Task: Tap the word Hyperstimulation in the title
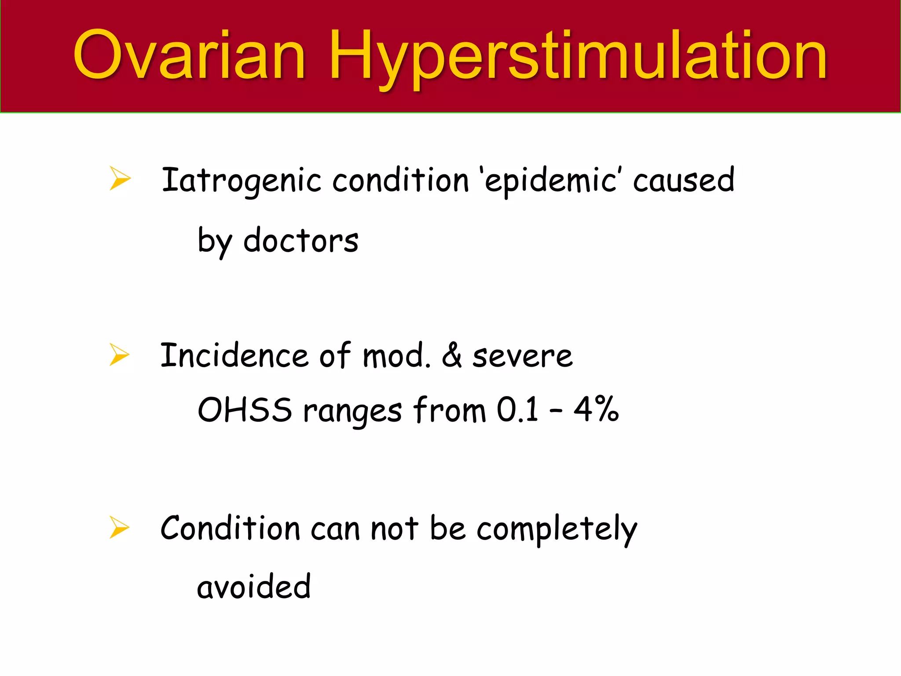pyautogui.click(x=577, y=57)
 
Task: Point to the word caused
pyautogui.click(x=683, y=180)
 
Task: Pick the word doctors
pyautogui.click(x=301, y=241)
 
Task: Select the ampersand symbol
pyautogui.click(x=451, y=356)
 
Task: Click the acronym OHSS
pyautogui.click(x=245, y=410)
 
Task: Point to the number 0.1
pyautogui.click(x=517, y=410)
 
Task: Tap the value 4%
pyautogui.click(x=596, y=409)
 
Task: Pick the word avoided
pyautogui.click(x=254, y=587)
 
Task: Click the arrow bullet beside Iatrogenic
pyautogui.click(x=120, y=179)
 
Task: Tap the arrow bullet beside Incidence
pyautogui.click(x=119, y=355)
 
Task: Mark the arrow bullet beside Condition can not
pyautogui.click(x=119, y=527)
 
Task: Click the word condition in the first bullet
pyautogui.click(x=400, y=180)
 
